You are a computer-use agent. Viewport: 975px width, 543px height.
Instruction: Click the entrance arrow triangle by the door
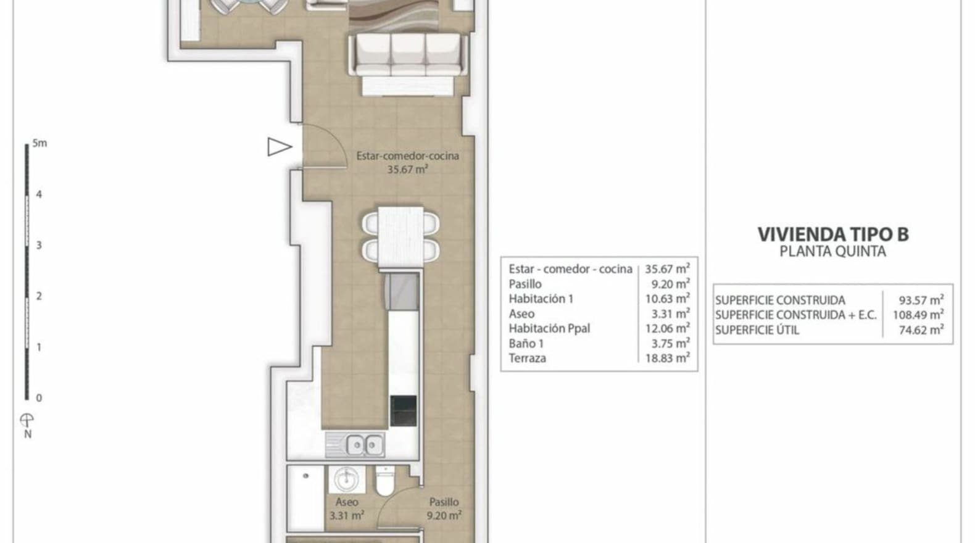(279, 147)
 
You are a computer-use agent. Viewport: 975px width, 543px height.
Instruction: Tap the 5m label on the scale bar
(39, 143)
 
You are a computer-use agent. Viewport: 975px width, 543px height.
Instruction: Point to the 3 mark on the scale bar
(39, 246)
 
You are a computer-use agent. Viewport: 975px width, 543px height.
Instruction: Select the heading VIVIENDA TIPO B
(833, 234)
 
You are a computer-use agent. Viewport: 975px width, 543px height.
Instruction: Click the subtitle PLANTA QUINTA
(832, 252)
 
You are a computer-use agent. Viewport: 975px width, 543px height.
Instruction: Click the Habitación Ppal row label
(549, 328)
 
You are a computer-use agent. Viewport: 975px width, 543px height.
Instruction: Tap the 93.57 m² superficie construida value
(921, 301)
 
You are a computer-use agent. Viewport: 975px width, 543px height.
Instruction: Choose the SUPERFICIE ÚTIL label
(757, 330)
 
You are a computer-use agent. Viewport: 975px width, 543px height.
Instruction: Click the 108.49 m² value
(918, 315)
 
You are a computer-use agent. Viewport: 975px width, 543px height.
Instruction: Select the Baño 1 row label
(526, 343)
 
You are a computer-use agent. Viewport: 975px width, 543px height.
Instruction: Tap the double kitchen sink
(355, 445)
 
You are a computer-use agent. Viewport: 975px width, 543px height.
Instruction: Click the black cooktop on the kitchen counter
(403, 411)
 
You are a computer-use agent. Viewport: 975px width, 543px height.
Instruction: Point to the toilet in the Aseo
(385, 480)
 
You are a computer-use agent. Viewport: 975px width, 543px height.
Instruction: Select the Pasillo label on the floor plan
(444, 502)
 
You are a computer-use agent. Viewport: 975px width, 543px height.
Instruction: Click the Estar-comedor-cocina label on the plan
(407, 155)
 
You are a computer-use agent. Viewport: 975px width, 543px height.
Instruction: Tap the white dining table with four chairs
(400, 238)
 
